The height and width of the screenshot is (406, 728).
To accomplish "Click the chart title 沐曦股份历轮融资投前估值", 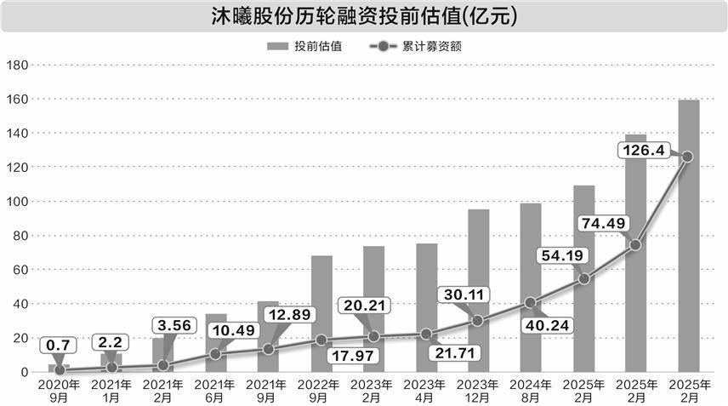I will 363,16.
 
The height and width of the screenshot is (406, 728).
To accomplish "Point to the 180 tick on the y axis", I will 18,66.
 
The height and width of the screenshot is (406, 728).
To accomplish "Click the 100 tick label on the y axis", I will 18,202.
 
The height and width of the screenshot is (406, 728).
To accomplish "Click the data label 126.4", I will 644,151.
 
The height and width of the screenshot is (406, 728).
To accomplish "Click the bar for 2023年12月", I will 479,290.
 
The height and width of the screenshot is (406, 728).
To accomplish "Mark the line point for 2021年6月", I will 216,354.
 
